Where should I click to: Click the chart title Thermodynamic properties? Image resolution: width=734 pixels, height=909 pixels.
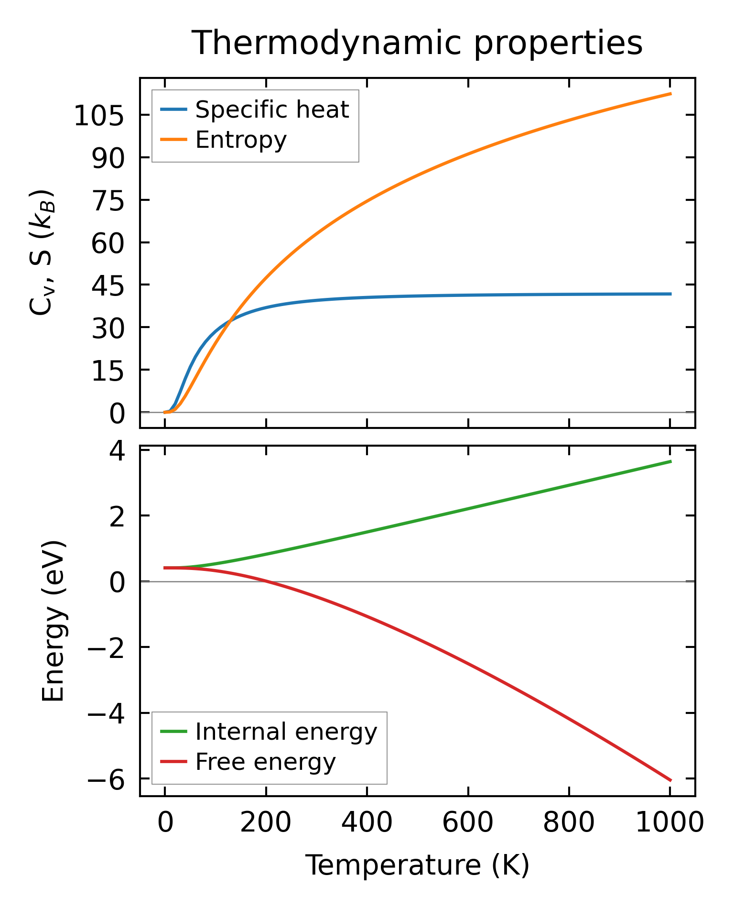(x=417, y=43)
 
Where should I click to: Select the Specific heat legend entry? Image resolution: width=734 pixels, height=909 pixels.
(x=272, y=110)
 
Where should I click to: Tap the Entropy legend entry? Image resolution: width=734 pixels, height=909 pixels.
(x=241, y=140)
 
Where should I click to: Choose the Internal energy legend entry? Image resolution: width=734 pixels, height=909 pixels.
(x=286, y=731)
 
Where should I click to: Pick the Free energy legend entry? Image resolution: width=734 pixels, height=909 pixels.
(x=265, y=761)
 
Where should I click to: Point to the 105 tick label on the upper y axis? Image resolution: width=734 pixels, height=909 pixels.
(x=99, y=116)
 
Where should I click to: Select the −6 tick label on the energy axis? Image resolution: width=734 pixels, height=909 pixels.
(x=106, y=780)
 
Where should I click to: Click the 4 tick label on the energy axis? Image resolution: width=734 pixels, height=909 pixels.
(x=118, y=450)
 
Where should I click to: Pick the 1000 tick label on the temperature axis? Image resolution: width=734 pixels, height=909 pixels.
(x=670, y=823)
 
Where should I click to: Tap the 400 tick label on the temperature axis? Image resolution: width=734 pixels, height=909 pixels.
(x=367, y=823)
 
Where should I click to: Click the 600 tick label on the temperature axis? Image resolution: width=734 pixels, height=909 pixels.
(x=468, y=823)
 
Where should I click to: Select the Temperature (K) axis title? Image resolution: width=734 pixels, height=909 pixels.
(x=417, y=865)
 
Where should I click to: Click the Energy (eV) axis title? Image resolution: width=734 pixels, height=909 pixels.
(x=53, y=621)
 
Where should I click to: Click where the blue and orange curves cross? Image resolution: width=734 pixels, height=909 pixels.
(x=230, y=320)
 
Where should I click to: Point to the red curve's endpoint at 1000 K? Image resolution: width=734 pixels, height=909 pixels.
(x=670, y=780)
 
